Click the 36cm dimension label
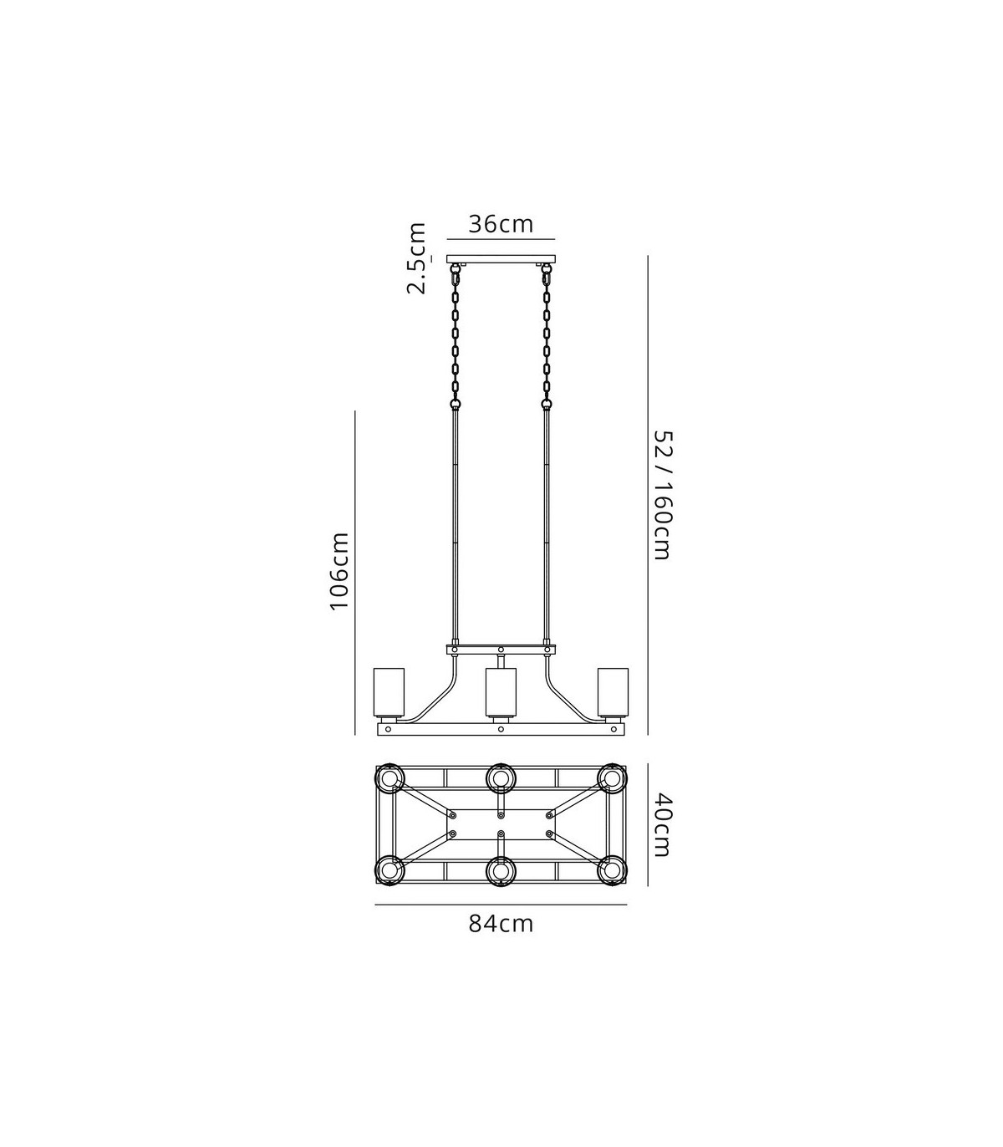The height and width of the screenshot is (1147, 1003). (501, 224)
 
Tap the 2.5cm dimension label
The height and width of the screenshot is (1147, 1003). (417, 258)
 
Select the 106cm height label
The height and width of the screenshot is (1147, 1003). (339, 571)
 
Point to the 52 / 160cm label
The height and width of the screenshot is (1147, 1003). (662, 496)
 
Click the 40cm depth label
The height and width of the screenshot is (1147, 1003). (662, 824)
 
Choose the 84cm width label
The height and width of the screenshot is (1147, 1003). (501, 924)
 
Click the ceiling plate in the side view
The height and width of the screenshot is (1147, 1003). (501, 259)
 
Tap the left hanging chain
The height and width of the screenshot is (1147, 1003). (455, 336)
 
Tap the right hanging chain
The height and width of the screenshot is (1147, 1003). (547, 336)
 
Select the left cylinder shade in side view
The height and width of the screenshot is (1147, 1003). (389, 692)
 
